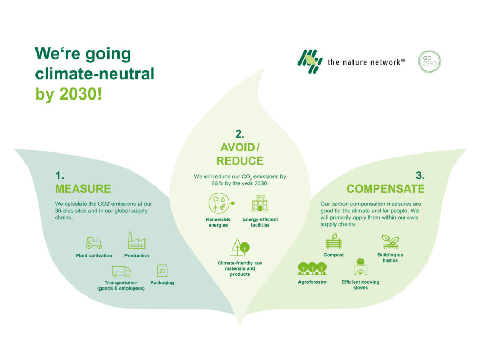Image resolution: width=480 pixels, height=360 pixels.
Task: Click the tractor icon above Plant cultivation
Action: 94,242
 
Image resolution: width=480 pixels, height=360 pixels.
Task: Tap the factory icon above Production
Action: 136,241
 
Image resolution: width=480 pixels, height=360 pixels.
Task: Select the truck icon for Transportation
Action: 121,272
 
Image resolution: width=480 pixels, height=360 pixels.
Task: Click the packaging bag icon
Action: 162,271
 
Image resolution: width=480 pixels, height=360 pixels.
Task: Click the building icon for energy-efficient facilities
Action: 260,204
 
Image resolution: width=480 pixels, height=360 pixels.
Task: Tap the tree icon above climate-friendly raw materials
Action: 240,248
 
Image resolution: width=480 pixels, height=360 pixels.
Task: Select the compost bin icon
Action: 333,241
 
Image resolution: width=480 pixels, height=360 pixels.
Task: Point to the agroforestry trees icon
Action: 312,268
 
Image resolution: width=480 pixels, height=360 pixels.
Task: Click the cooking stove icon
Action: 360,266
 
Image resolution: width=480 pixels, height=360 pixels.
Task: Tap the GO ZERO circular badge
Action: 429,62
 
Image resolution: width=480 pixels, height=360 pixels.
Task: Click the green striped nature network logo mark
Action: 310,61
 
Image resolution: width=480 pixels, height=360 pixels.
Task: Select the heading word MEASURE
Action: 83,189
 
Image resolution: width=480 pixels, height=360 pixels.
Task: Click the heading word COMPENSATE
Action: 385,189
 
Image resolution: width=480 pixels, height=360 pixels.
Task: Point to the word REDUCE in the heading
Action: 240,161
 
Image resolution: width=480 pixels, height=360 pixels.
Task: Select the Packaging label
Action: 162,283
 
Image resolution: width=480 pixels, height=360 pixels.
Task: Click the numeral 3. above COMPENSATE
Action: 420,176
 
